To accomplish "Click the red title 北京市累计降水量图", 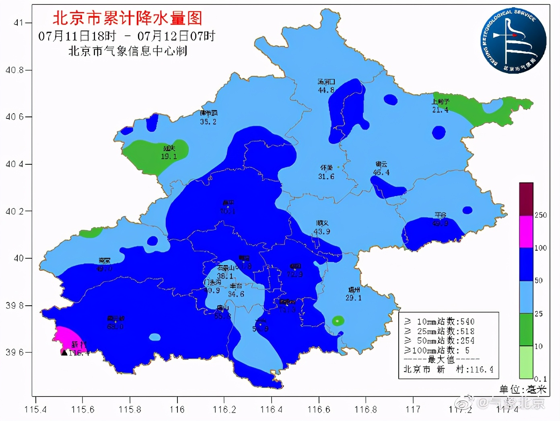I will pos(127,18).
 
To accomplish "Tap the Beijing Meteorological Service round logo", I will pos(514,41).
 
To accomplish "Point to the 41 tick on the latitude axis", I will pos(19,23).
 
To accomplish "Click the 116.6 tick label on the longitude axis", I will pos(319,409).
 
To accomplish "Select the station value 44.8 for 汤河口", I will pos(326,90).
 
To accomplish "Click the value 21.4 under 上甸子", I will pos(440,110).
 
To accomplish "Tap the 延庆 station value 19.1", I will pos(169,156).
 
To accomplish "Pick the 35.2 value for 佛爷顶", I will pos(208,121).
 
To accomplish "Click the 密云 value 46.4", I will pos(381,172).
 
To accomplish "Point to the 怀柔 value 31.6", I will pos(326,176).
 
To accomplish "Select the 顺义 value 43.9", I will pos(322,231).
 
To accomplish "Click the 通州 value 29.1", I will pos(353,298).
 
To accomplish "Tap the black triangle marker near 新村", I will pos(64,353).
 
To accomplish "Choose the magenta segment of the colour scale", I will pos(526,231).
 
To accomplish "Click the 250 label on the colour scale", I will pos(541,215).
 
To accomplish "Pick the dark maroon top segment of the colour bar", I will pos(526,199).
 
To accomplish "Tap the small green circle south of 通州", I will pos(338,320).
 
